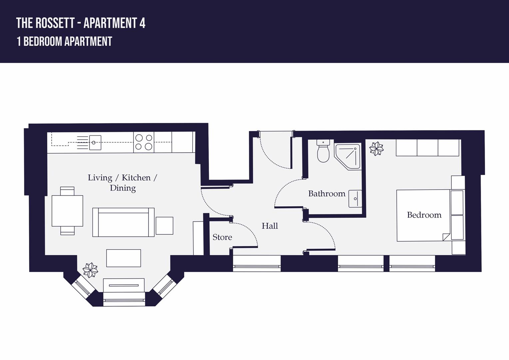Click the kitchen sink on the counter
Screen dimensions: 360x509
click(95, 142)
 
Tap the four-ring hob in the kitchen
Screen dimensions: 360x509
click(144, 142)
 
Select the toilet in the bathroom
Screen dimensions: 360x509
click(323, 152)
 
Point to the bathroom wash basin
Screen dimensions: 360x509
click(355, 199)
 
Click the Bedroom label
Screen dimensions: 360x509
click(424, 215)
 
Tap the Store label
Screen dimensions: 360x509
click(222, 237)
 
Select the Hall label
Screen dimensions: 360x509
click(269, 226)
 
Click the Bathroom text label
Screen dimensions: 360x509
click(326, 194)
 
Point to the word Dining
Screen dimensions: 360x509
click(123, 188)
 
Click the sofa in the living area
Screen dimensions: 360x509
click(123, 222)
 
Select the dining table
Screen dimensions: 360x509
click(67, 211)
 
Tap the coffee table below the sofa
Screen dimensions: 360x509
click(124, 258)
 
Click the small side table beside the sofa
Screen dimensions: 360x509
click(164, 226)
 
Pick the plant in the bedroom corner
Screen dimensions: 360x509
click(376, 148)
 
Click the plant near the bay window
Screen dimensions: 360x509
click(90, 270)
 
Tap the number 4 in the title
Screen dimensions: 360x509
click(142, 23)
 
